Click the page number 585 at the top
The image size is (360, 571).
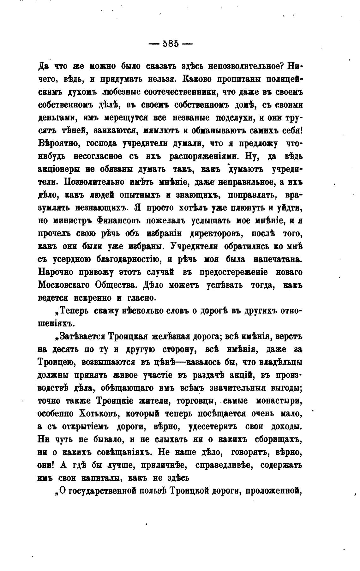click(x=171, y=43)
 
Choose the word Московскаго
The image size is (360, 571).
click(x=64, y=285)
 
